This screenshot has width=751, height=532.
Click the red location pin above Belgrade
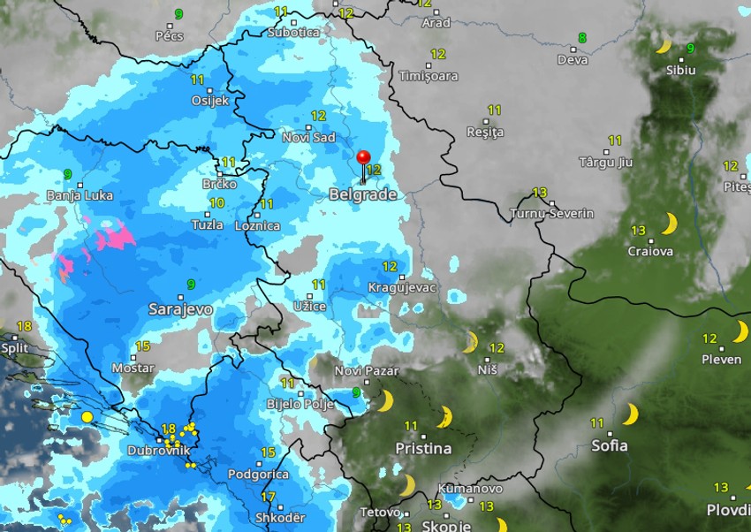click(x=363, y=158)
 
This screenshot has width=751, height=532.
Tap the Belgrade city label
click(x=362, y=194)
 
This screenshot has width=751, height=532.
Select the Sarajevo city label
click(x=180, y=309)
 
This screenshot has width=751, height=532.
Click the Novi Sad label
click(x=308, y=138)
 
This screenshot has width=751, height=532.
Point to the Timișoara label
click(x=429, y=76)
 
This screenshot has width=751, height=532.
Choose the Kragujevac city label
click(x=402, y=289)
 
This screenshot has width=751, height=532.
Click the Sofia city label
click(x=610, y=445)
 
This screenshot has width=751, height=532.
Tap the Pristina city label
click(x=423, y=448)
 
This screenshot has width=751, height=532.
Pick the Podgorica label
click(x=258, y=475)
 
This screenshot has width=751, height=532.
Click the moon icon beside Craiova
click(x=669, y=224)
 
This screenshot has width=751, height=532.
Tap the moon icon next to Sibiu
click(x=664, y=45)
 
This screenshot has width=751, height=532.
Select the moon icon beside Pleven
click(x=740, y=331)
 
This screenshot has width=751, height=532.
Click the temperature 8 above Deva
click(x=581, y=38)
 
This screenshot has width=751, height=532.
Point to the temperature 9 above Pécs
click(x=179, y=14)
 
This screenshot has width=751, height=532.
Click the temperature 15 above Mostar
click(x=142, y=346)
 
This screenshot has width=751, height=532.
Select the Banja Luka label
click(x=80, y=195)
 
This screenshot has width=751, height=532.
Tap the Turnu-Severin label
click(x=552, y=214)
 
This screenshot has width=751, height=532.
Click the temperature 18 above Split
click(x=24, y=326)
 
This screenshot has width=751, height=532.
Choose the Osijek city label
click(x=210, y=101)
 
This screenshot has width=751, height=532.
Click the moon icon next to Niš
click(x=471, y=343)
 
